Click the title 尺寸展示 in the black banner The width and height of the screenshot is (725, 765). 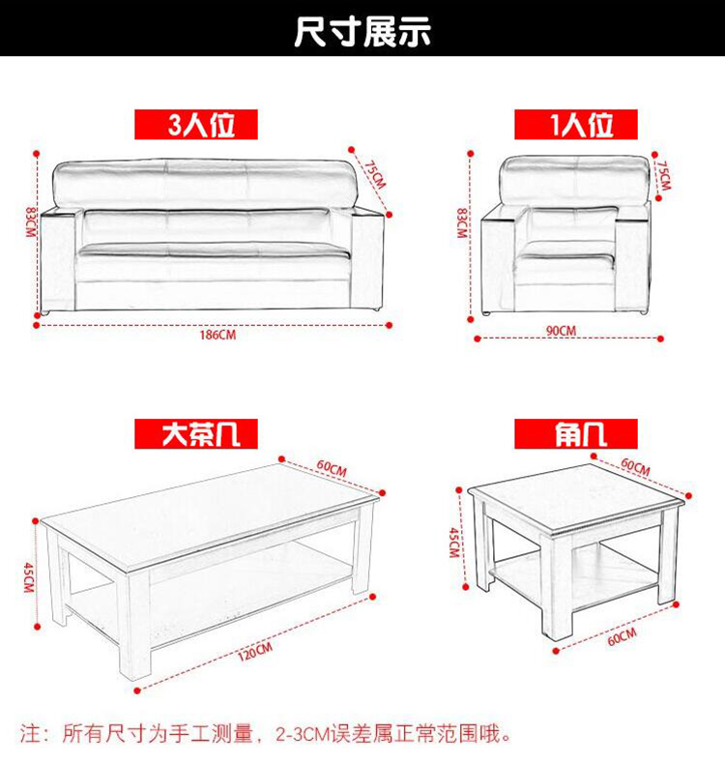(x=362, y=31)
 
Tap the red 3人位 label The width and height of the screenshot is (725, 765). (x=196, y=125)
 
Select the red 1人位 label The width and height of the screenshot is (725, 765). (x=576, y=125)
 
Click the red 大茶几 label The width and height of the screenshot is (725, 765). (x=196, y=433)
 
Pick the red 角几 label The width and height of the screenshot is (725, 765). (x=576, y=433)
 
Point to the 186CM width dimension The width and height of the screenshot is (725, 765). (x=217, y=336)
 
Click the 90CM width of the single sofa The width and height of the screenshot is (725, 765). (x=561, y=331)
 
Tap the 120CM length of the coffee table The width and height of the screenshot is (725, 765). (x=255, y=652)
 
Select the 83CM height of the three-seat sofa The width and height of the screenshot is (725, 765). (x=30, y=222)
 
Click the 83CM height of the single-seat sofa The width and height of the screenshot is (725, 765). (x=461, y=223)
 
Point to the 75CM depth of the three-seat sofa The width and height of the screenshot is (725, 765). (x=375, y=175)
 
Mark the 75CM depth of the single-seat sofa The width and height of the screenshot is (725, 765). (x=663, y=175)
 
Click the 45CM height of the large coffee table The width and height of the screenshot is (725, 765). (x=28, y=577)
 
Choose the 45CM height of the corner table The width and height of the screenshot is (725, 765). (x=454, y=542)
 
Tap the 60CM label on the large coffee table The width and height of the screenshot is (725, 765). (x=332, y=468)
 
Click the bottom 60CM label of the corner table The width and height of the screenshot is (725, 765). (x=623, y=637)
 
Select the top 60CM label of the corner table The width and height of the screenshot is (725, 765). (x=635, y=466)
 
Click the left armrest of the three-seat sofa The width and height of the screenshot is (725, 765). (x=59, y=261)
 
